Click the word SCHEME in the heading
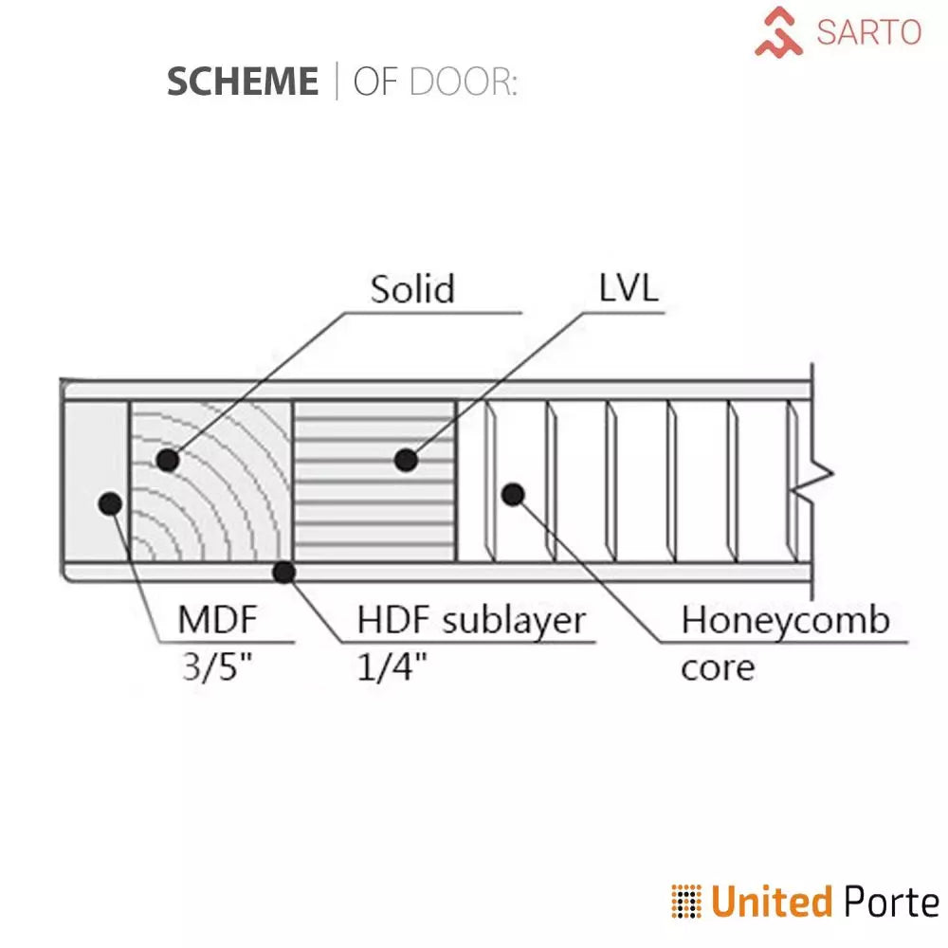click(x=242, y=82)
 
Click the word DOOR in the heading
click(x=462, y=82)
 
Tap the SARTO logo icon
click(x=779, y=31)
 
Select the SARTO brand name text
click(x=868, y=32)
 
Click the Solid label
click(x=412, y=289)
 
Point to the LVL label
click(x=628, y=289)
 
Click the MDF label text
click(x=218, y=622)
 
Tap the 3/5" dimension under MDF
click(x=218, y=667)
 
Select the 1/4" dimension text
click(x=392, y=667)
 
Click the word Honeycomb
click(x=786, y=622)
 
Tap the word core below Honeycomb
click(x=718, y=667)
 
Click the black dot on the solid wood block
click(x=168, y=461)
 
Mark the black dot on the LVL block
click(x=406, y=461)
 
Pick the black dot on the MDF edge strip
click(x=110, y=502)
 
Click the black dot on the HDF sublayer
click(x=283, y=572)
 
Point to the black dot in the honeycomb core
click(x=513, y=494)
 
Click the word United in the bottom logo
click(x=772, y=902)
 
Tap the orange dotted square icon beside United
click(x=685, y=902)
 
